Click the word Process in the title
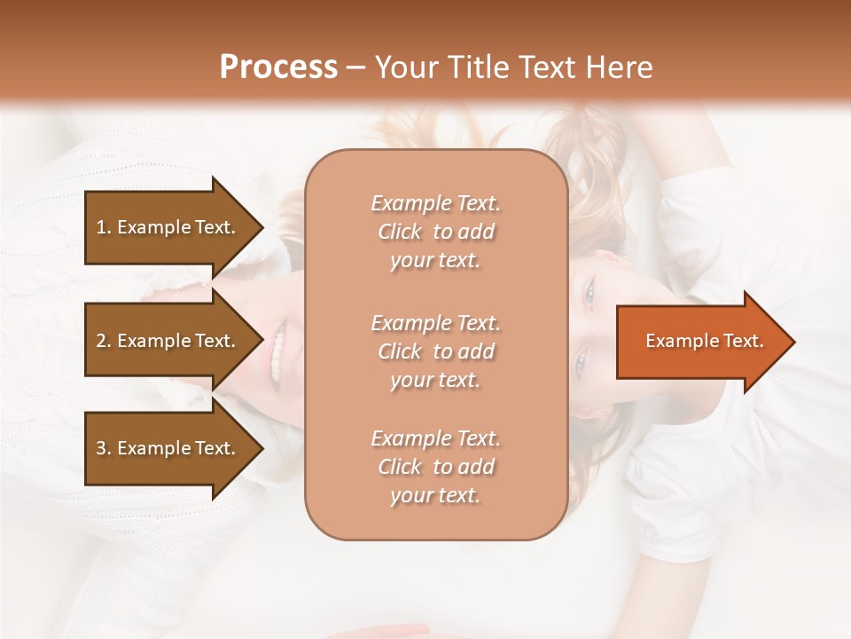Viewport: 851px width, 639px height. [x=278, y=67]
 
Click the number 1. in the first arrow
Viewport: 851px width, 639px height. [x=104, y=227]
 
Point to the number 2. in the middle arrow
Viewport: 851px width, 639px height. [x=104, y=341]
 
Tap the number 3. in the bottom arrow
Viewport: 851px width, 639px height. [x=104, y=448]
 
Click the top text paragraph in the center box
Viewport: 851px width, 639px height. [x=435, y=232]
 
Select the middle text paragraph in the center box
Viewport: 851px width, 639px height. [x=435, y=351]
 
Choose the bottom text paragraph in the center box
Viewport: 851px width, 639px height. [x=435, y=467]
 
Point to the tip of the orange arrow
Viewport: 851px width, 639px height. [x=792, y=342]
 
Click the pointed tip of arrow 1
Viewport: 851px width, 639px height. [x=262, y=227]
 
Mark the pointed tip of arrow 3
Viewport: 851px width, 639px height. [x=262, y=448]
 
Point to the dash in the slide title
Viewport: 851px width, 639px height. [x=356, y=68]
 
